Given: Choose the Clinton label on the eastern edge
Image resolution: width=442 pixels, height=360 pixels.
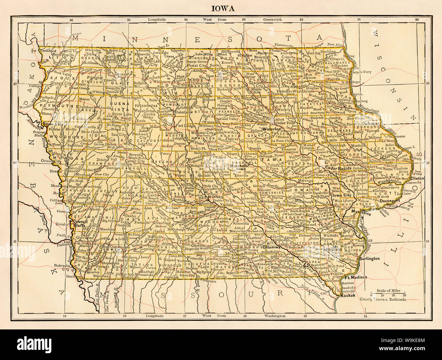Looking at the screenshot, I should coord(417,178).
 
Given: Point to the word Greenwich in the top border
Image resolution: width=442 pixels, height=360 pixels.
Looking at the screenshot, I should coord(272,19).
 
